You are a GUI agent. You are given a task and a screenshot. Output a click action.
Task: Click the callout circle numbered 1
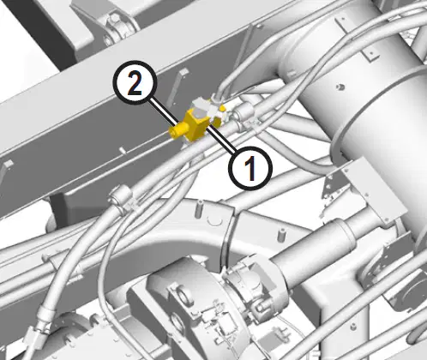(x=250, y=168)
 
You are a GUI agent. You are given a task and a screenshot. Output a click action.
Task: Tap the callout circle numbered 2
(x=135, y=82)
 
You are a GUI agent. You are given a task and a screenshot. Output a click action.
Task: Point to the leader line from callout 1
(x=221, y=140)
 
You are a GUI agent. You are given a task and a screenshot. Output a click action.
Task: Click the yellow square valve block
(x=196, y=125)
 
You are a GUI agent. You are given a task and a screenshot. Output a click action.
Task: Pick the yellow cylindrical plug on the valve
(x=178, y=130)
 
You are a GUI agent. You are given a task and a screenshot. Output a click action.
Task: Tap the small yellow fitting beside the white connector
(x=222, y=108)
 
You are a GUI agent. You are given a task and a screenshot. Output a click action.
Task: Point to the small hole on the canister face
(x=340, y=87)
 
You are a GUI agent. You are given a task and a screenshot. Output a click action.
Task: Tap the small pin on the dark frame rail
(x=123, y=150)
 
